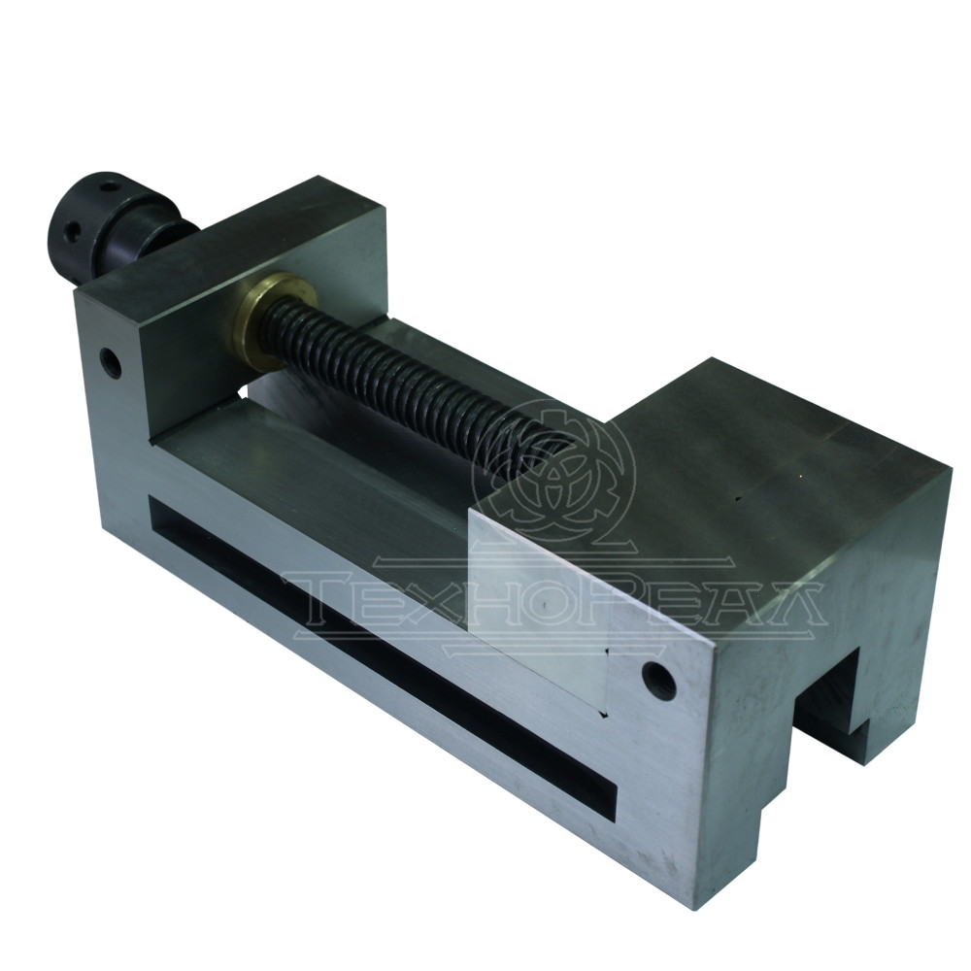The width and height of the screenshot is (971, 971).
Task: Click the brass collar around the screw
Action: coord(260,317)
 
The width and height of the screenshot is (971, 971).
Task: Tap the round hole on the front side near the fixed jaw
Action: coord(659,680)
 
